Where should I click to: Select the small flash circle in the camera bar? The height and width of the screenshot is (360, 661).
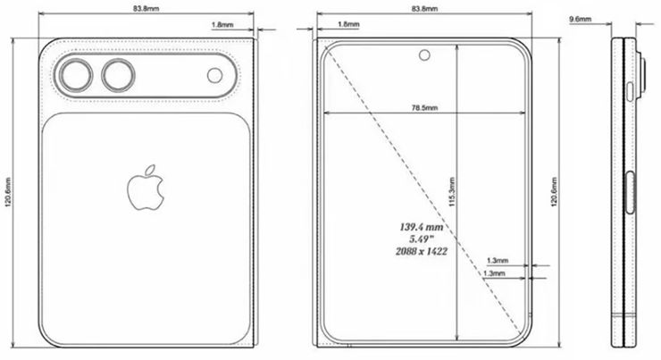click(x=216, y=76)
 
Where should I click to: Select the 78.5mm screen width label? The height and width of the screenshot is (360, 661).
click(x=423, y=107)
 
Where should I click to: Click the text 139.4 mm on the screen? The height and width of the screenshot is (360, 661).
click(x=423, y=227)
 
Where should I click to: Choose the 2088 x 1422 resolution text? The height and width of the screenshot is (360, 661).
click(x=423, y=252)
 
